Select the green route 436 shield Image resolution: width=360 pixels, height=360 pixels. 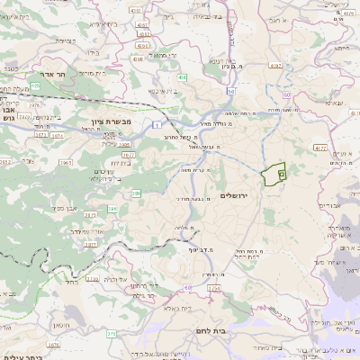183,79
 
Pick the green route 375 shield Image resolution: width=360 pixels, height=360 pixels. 112,333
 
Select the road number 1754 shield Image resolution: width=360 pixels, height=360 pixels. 213,288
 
